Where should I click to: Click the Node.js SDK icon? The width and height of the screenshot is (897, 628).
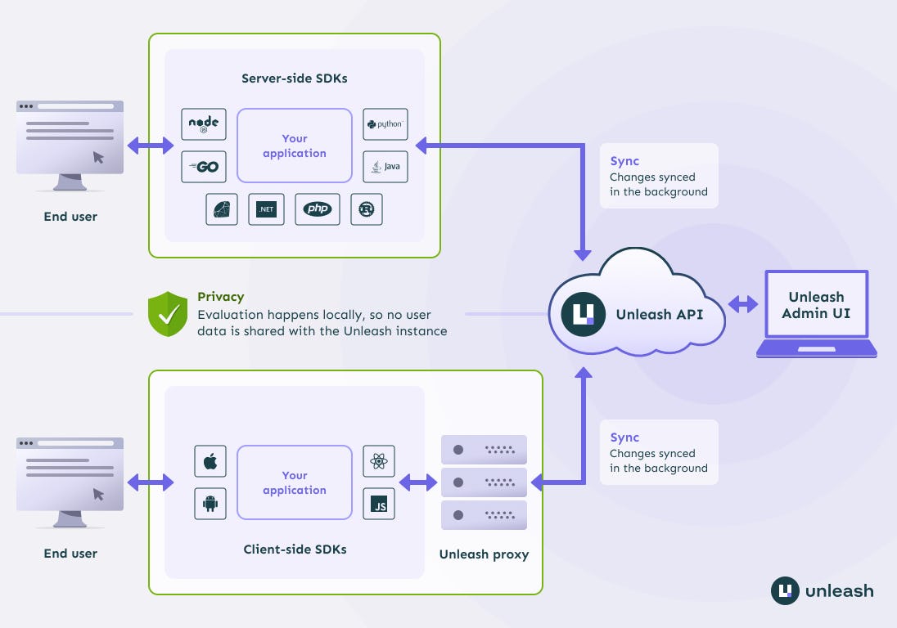pyautogui.click(x=204, y=124)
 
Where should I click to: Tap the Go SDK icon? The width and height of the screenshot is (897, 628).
pyautogui.click(x=204, y=167)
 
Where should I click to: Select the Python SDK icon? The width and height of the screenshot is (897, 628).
pyautogui.click(x=385, y=124)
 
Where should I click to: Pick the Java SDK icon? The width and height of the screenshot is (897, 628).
pyautogui.click(x=385, y=167)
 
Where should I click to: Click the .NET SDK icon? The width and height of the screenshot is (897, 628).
pyautogui.click(x=266, y=209)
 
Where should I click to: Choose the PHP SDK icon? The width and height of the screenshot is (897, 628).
pyautogui.click(x=317, y=209)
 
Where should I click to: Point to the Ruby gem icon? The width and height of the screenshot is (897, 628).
pyautogui.click(x=222, y=209)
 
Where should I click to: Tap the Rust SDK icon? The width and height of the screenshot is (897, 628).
pyautogui.click(x=366, y=209)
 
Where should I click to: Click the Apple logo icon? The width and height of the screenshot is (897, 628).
pyautogui.click(x=210, y=461)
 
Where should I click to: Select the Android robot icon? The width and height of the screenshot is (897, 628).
pyautogui.click(x=210, y=504)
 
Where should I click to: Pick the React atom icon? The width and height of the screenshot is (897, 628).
pyautogui.click(x=379, y=461)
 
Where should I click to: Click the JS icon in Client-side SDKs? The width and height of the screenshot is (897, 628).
pyautogui.click(x=379, y=504)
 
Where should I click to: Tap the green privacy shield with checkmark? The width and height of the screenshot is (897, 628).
pyautogui.click(x=168, y=313)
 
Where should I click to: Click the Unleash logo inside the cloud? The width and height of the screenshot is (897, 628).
pyautogui.click(x=584, y=313)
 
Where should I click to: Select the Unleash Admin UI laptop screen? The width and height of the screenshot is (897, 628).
pyautogui.click(x=816, y=305)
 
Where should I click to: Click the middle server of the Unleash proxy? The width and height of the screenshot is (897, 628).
pyautogui.click(x=484, y=482)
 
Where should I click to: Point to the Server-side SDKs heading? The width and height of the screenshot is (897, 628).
pyautogui.click(x=295, y=78)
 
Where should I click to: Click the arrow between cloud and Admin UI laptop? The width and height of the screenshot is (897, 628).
pyautogui.click(x=744, y=305)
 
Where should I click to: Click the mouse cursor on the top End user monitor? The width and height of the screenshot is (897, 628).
pyautogui.click(x=98, y=156)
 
